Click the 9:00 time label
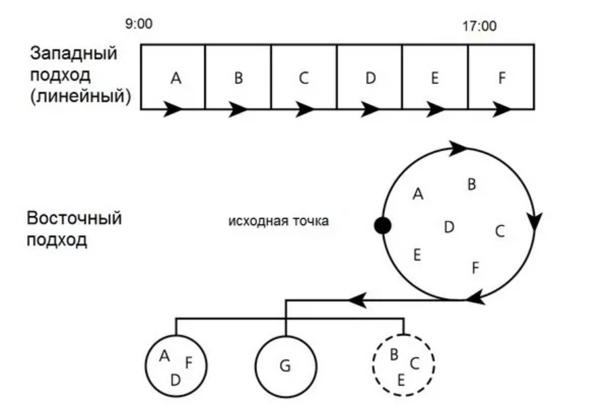click(x=138, y=24)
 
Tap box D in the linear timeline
click(x=369, y=77)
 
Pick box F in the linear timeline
click(x=501, y=77)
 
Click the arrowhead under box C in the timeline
click(x=304, y=108)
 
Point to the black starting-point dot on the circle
click(x=383, y=226)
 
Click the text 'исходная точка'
click(x=279, y=221)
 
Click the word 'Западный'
click(x=73, y=54)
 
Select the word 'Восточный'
click(x=74, y=220)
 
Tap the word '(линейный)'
click(x=80, y=95)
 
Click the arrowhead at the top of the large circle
click(x=457, y=147)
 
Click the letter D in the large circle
click(x=448, y=228)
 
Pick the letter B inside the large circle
click(x=472, y=184)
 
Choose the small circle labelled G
click(x=285, y=366)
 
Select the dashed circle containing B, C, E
click(x=404, y=366)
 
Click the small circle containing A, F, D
click(x=176, y=366)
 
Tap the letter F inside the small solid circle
click(x=189, y=362)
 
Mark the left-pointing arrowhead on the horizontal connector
click(x=357, y=299)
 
